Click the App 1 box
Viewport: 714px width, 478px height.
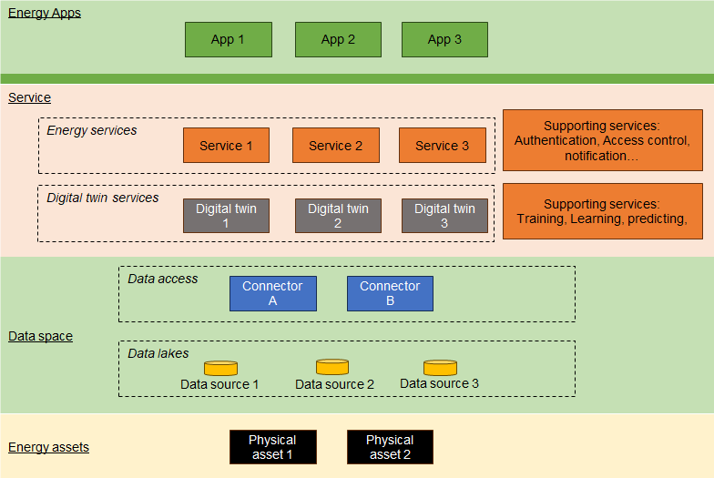[228, 40]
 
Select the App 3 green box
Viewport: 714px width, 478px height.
[444, 40]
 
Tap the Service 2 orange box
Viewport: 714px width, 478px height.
[335, 146]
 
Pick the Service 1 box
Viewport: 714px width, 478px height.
[226, 146]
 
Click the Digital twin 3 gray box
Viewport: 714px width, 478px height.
[444, 216]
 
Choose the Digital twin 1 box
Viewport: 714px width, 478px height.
[226, 216]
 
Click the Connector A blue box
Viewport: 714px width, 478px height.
[273, 293]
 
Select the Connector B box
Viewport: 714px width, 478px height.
[390, 293]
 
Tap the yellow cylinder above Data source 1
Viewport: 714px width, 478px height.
[220, 368]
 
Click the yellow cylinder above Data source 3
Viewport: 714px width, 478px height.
[441, 368]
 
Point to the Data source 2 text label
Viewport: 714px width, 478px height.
[335, 384]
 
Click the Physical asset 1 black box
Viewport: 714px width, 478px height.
[273, 447]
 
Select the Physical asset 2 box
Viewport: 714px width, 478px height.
[390, 447]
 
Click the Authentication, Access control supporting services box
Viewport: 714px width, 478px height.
[603, 140]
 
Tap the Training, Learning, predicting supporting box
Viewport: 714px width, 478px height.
[603, 211]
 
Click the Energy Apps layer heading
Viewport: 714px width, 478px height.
[45, 13]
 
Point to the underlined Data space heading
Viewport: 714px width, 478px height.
[40, 337]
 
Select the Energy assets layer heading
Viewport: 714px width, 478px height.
[49, 448]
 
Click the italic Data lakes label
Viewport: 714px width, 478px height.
[158, 353]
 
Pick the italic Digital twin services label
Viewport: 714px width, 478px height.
[102, 198]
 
